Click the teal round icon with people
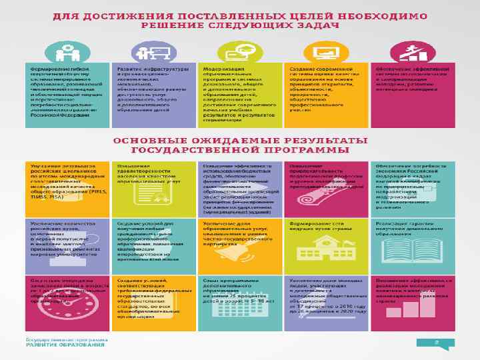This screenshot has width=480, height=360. click(x=67, y=51)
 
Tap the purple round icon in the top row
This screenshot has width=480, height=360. click(x=154, y=51)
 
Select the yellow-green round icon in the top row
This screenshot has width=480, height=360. click(x=241, y=51)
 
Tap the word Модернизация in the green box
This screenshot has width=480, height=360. click(x=219, y=69)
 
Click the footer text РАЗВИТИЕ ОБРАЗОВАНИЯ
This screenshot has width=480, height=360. click(x=65, y=345)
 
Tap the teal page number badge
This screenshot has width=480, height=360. click(x=435, y=343)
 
